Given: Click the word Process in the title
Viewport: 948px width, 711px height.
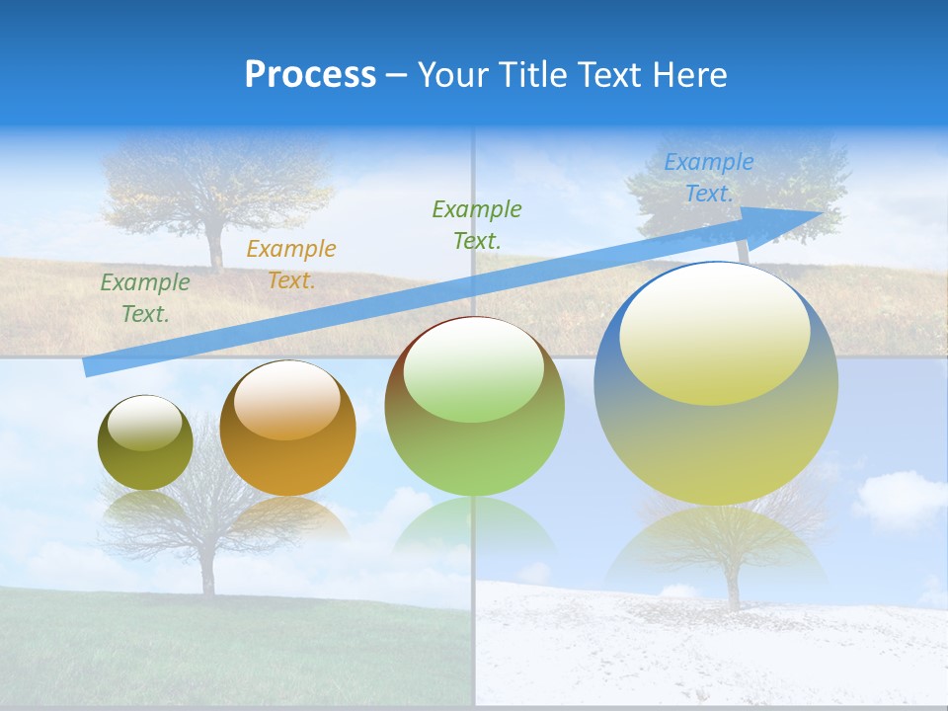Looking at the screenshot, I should pyautogui.click(x=310, y=75).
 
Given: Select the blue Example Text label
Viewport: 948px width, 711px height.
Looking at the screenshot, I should pyautogui.click(x=708, y=178).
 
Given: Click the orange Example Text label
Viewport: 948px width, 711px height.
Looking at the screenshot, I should pyautogui.click(x=290, y=264).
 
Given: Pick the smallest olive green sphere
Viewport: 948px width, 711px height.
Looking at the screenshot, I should pyautogui.click(x=145, y=443).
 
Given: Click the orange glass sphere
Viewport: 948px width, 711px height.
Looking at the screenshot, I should pyautogui.click(x=287, y=429).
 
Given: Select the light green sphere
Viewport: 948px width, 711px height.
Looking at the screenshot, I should pyautogui.click(x=474, y=407).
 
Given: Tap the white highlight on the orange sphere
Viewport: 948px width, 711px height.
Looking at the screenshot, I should pyautogui.click(x=287, y=400).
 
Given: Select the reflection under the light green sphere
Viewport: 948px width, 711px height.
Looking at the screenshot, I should pyautogui.click(x=474, y=523).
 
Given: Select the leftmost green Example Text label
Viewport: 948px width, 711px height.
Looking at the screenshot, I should pyautogui.click(x=144, y=297).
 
